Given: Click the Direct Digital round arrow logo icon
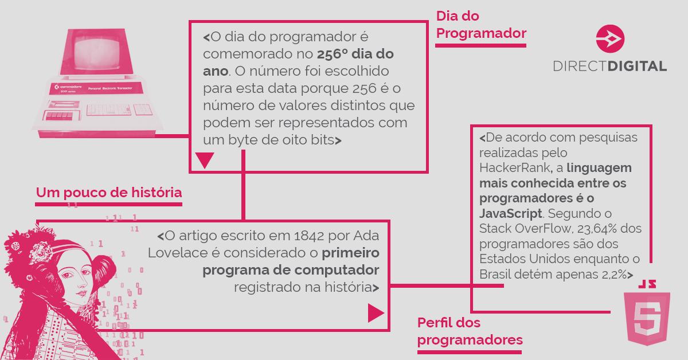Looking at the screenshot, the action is coord(610,39).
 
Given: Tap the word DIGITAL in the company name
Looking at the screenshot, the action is coord(637,66).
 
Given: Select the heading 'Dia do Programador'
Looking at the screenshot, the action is coord(481,25).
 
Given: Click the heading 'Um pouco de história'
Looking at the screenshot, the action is coord(109,193).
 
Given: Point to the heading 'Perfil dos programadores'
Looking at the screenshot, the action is coord(470,331).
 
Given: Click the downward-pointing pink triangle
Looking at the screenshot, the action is coord(205,160).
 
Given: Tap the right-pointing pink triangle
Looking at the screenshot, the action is coord(376,314).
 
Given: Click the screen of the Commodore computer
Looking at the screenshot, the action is coord(97,53).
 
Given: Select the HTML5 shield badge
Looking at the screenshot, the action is coord(647,319).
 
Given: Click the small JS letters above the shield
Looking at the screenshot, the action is coord(647,284).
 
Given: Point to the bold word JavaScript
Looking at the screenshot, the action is coord(510,213).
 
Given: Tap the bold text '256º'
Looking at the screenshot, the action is coord(332,54).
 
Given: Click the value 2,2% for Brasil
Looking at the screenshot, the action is coord(614,275).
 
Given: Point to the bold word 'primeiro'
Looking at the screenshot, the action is coord(350,253).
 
